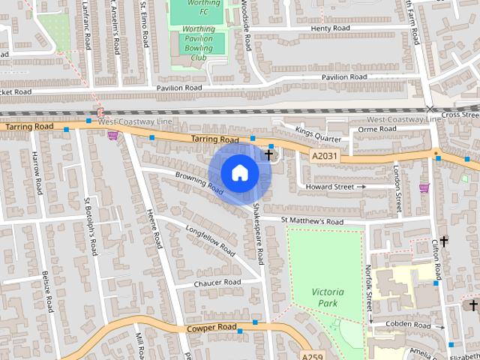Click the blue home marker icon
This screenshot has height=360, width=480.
click(239, 172)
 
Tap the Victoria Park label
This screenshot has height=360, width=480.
click(326, 297)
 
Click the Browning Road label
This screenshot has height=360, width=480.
click(199, 182)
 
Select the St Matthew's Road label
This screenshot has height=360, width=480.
click(312, 222)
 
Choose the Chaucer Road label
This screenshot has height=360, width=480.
click(217, 283)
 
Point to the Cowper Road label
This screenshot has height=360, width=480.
click(211, 328)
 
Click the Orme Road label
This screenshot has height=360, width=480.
click(372, 129)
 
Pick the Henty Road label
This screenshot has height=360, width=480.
click(330, 28)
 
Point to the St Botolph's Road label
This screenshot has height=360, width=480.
click(90, 226)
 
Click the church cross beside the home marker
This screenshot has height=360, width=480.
click(268, 154)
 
